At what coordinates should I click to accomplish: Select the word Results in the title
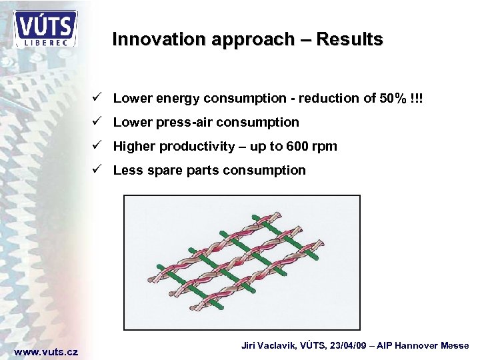click(x=350, y=39)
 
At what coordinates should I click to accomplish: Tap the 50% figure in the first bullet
click(x=391, y=99)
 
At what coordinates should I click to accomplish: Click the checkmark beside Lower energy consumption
click(x=97, y=98)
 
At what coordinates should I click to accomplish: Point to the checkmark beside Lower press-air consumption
click(x=97, y=122)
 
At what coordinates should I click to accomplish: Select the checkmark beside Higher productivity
click(x=97, y=146)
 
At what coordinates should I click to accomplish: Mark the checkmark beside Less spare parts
click(x=97, y=170)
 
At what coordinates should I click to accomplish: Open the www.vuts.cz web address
click(x=46, y=351)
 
